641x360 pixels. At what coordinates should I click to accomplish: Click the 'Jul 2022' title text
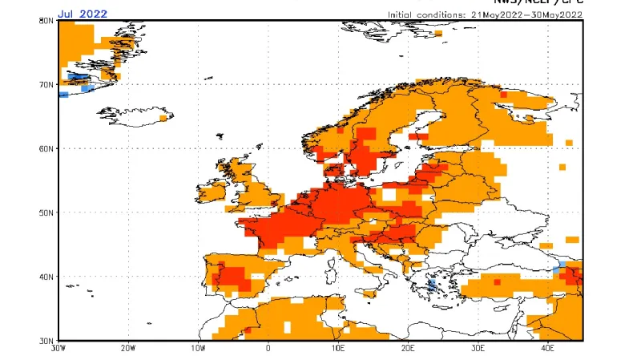83,14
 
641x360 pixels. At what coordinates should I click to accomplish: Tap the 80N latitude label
46,21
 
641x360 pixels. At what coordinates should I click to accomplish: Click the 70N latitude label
46,84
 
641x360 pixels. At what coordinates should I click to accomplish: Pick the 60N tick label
46,148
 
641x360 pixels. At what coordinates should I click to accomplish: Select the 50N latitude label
46,212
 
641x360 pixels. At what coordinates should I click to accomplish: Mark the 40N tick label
46,277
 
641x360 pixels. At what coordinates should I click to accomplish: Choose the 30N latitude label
46,340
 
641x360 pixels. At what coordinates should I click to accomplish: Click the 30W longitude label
58,350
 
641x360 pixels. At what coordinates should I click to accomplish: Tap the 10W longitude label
198,350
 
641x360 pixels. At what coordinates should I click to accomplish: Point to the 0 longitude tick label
268,350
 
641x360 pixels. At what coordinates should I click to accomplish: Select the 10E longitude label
338,350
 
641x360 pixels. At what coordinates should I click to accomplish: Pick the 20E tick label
409,350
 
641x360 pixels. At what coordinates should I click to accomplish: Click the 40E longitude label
549,350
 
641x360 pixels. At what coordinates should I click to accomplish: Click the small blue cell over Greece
433,285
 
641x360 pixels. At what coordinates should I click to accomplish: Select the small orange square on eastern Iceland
163,118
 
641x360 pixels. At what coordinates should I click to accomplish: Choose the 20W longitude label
128,350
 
